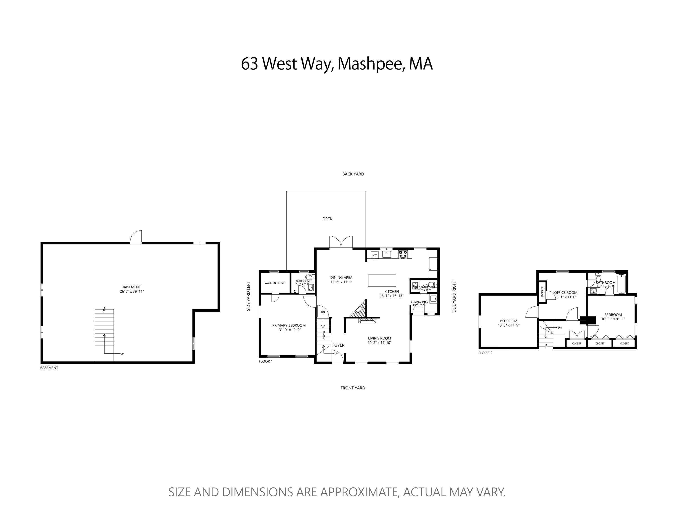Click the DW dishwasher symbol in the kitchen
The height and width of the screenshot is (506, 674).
click(x=375, y=255)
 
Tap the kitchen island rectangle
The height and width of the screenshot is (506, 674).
click(x=382, y=280)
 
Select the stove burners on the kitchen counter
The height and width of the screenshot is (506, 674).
click(x=403, y=254)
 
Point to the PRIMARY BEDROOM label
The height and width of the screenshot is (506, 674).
click(x=289, y=325)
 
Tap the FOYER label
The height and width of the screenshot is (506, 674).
click(x=338, y=345)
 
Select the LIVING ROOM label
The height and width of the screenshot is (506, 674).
click(x=379, y=338)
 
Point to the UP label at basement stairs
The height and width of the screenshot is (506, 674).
click(x=122, y=354)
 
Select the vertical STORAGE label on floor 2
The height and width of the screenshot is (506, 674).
click(x=542, y=292)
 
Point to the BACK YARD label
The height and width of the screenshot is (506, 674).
click(x=353, y=174)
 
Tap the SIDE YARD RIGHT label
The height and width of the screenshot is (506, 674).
click(x=454, y=296)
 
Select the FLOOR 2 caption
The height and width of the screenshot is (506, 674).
click(x=485, y=353)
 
